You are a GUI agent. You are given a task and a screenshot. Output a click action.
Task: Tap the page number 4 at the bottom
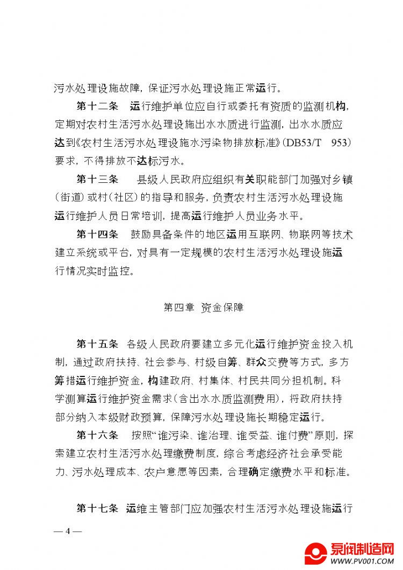tap(68, 531)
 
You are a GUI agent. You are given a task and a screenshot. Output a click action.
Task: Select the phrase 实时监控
tap(112, 271)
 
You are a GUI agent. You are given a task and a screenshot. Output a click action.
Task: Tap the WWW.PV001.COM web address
tap(361, 561)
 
